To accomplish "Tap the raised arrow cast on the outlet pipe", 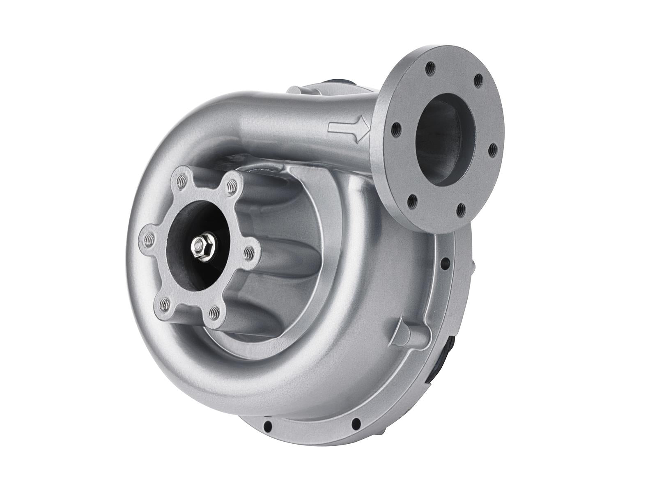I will click(x=348, y=129).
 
